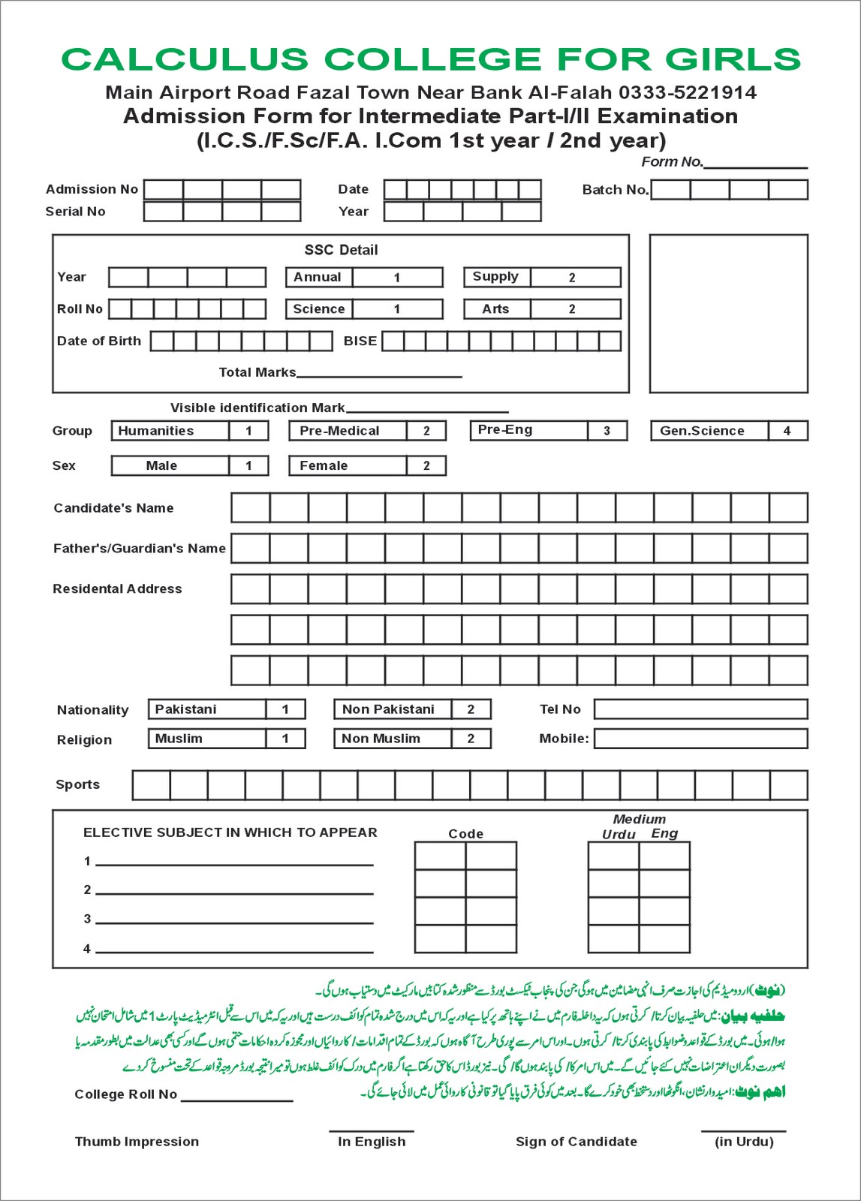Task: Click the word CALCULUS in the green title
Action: [x=184, y=59]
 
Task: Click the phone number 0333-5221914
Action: [x=687, y=92]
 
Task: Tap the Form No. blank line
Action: [x=754, y=164]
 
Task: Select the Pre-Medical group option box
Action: [x=367, y=431]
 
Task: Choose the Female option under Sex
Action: [x=367, y=465]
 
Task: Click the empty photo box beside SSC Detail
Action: [x=728, y=313]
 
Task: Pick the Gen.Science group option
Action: [x=728, y=431]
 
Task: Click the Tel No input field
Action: [x=700, y=709]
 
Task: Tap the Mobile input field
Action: [x=700, y=739]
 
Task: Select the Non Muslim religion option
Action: [x=411, y=739]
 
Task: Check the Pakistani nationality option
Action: [x=226, y=709]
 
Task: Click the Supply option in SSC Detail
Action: [x=541, y=277]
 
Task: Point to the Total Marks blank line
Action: [x=379, y=374]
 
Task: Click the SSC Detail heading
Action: [x=341, y=250]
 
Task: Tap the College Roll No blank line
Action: [x=236, y=1099]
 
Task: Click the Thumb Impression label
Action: [x=137, y=1142]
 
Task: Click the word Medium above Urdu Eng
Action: [x=639, y=820]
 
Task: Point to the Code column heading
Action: [x=465, y=834]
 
